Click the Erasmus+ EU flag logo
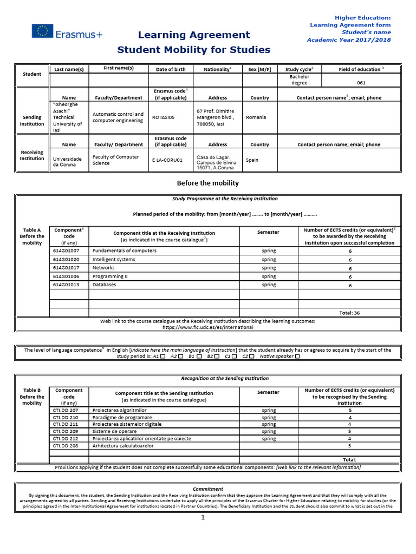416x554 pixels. pos(42,32)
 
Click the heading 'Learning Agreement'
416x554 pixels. pos(194,35)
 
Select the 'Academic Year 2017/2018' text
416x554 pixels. pos(348,39)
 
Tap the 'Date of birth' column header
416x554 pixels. pos(171,69)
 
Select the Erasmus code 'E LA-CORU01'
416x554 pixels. pos(167,160)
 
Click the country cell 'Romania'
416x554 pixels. pos(257,117)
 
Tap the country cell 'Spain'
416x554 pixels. pos(252,160)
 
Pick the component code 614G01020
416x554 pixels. pos(66,259)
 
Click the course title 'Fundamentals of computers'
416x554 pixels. pos(125,251)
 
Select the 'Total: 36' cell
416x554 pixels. pos(349,313)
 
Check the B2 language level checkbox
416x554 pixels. pos(217,357)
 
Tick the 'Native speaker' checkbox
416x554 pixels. pos(297,357)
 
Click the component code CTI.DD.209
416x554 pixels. pos(66,432)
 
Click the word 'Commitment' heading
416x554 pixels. pos(208,489)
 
